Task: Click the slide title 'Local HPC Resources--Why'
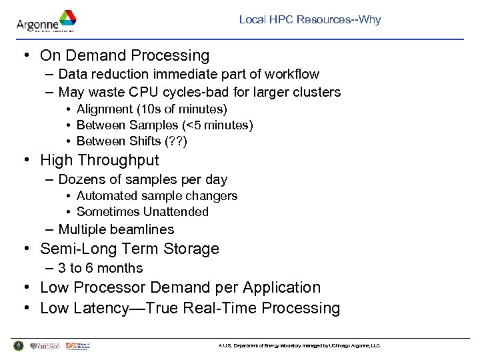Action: [x=310, y=20]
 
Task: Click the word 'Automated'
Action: [x=103, y=195]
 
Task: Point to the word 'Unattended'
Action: [x=179, y=211]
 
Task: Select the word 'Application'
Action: [x=281, y=287]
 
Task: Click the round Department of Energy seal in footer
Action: [x=18, y=345]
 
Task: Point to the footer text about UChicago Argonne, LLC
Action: [x=299, y=346]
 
